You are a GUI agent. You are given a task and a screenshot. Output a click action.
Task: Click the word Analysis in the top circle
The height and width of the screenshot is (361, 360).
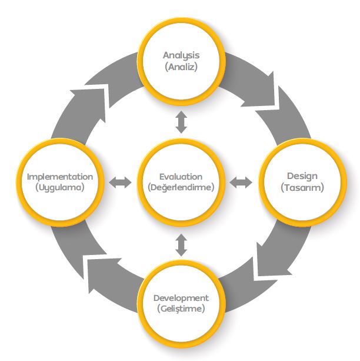point(181,55)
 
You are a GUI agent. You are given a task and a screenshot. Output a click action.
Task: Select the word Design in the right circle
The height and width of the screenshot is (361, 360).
point(302,175)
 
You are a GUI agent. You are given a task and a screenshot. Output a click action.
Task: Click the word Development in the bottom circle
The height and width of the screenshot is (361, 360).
point(181,297)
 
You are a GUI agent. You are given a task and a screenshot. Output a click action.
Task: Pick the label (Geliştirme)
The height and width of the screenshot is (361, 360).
point(181,309)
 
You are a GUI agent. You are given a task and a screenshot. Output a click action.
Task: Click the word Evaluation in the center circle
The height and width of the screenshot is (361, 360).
point(181,176)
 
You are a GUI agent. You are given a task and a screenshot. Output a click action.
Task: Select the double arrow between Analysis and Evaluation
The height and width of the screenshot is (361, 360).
point(181,122)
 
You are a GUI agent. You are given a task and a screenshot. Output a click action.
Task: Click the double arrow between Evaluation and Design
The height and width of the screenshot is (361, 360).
point(240,183)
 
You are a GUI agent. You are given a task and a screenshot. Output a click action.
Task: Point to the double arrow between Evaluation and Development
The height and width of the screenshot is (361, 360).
point(181,244)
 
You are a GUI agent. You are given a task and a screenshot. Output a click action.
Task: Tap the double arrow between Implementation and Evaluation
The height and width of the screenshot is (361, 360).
point(121,183)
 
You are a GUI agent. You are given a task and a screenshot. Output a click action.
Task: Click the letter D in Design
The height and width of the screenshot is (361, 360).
point(290,175)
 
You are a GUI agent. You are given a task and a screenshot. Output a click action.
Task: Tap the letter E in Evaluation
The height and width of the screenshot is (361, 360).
point(162,176)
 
